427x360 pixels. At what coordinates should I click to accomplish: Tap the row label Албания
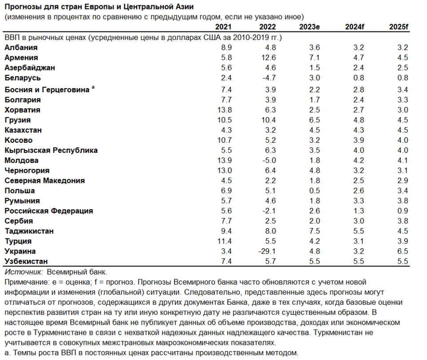21,47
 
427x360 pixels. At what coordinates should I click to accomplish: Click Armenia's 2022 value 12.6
268,58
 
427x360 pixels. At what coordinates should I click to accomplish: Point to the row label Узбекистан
26,262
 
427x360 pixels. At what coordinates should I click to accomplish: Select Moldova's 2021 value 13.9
226,160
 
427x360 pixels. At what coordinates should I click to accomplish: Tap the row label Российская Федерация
49,211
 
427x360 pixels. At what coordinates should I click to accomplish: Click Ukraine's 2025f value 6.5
403,251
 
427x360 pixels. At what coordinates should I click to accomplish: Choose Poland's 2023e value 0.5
315,191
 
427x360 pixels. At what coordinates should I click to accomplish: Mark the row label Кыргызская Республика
51,150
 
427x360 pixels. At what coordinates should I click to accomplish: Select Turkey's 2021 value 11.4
226,241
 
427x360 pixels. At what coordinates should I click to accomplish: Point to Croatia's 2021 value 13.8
226,110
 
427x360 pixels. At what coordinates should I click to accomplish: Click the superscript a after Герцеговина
93,88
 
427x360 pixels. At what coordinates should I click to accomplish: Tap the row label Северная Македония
44,180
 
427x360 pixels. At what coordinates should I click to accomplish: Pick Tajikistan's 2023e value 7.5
315,231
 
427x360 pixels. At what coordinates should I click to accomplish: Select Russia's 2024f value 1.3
359,211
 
